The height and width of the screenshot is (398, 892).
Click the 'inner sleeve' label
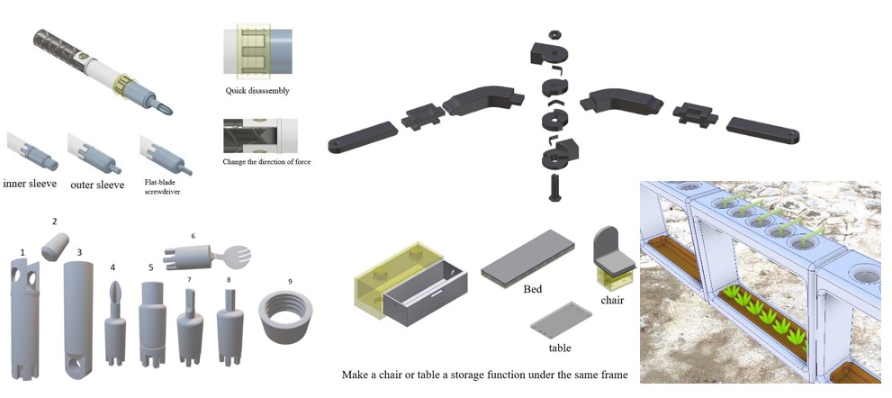[32, 184]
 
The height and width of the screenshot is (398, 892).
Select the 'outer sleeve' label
[98, 184]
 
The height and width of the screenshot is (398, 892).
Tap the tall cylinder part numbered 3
[77, 315]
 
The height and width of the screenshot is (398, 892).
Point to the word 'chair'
[612, 299]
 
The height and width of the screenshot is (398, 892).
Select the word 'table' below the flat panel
[559, 348]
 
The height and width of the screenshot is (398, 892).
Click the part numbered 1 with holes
[23, 315]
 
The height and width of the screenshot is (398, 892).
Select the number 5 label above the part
[151, 267]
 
